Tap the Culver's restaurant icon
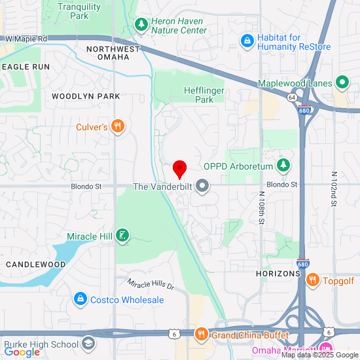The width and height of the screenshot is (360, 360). tap(118, 127)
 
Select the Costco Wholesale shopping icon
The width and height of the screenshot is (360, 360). tap(80, 300)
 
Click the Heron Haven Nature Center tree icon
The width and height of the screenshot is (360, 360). tap(141, 25)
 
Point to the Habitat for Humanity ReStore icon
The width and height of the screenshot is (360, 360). tap(247, 41)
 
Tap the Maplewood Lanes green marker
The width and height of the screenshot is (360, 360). tap(341, 82)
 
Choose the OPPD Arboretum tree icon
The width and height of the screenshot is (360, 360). tap(283, 166)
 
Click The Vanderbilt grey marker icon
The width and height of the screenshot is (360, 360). tap(202, 187)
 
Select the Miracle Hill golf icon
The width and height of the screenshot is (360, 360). tap(122, 236)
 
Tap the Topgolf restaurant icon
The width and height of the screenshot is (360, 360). tap(313, 280)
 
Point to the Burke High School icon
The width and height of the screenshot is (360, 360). tap(88, 344)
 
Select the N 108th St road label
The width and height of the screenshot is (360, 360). tap(261, 207)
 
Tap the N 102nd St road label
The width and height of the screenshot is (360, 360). tap(333, 190)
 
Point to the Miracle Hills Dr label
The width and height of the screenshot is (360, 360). tap(151, 285)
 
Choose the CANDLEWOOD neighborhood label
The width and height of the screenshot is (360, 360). tap(35, 264)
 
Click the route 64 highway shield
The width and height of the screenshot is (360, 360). tap(290, 97)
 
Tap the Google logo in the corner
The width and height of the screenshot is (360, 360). tap(22, 352)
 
